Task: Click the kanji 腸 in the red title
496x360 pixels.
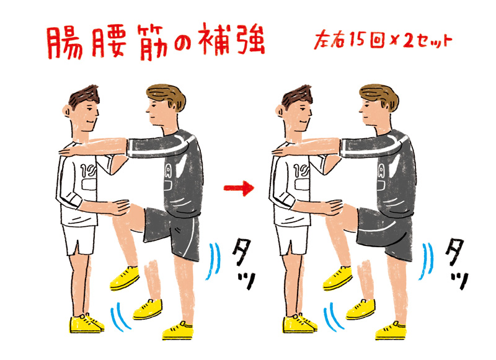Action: pyautogui.click(x=65, y=42)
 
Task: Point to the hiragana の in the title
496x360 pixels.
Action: pyautogui.click(x=183, y=43)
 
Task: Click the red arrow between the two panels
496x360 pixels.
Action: pyautogui.click(x=239, y=188)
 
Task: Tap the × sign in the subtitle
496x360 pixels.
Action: pyautogui.click(x=393, y=42)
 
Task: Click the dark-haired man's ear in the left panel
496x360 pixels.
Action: pyautogui.click(x=67, y=112)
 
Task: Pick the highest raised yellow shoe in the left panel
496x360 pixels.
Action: pyautogui.click(x=125, y=278)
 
